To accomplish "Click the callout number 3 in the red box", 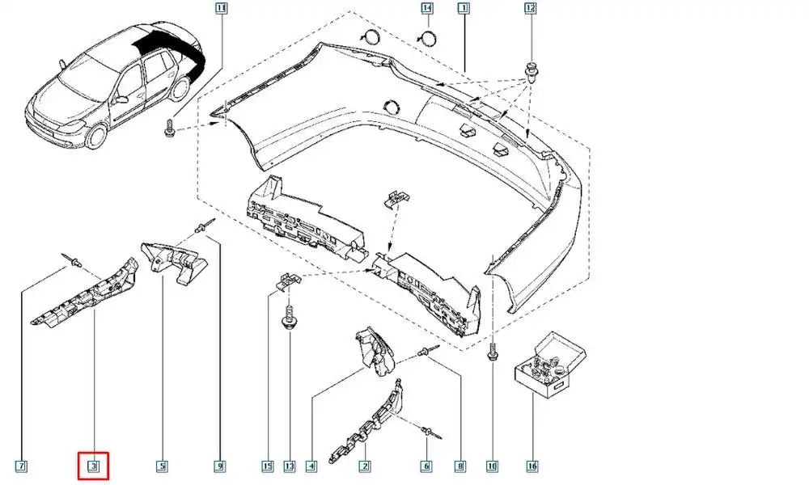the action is tap(93, 466).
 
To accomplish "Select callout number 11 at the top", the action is tap(221, 8).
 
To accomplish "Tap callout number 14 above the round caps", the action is tap(427, 8).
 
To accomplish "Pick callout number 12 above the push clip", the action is tap(531, 8).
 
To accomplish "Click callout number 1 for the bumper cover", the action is tap(463, 8).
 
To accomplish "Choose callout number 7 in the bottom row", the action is tap(21, 466).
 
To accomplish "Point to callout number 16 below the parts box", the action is tap(532, 466).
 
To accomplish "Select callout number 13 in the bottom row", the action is tap(290, 466).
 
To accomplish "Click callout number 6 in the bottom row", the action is tap(426, 466).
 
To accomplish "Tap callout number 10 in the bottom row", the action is tap(492, 466).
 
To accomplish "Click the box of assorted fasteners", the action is tap(550, 363).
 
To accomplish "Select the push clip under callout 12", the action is tap(531, 73).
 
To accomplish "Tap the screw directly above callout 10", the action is tap(492, 352).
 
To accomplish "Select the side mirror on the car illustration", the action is tap(122, 99).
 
